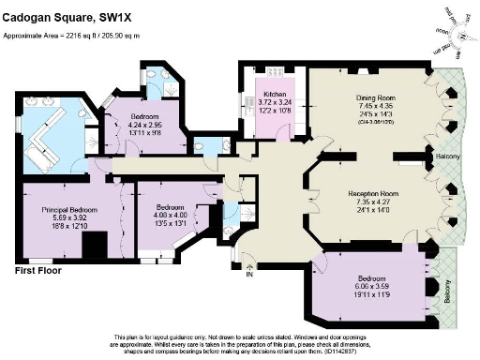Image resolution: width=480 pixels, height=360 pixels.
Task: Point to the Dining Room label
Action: (377, 97)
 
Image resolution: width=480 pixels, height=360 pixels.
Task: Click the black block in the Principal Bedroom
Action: (94, 246)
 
